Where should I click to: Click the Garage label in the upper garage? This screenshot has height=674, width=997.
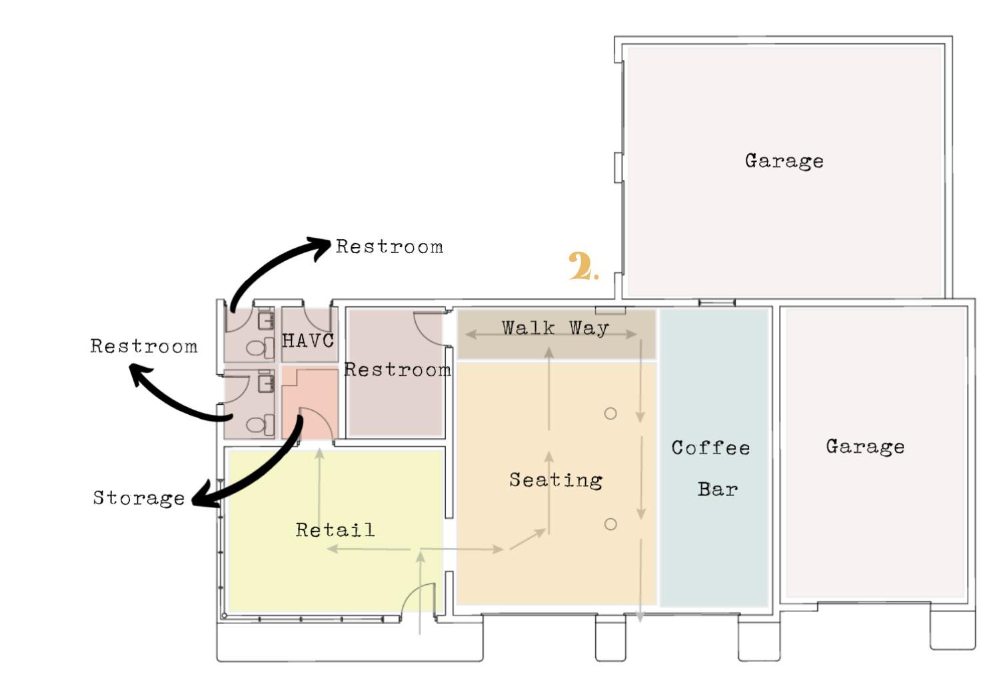coord(784,161)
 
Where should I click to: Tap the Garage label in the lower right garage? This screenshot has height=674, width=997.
coord(865,446)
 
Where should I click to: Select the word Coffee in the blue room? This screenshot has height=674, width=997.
coord(710,448)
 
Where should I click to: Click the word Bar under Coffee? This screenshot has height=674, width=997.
coord(718,490)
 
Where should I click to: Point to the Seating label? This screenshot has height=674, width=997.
coord(556,480)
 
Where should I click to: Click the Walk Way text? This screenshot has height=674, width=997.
coord(555,328)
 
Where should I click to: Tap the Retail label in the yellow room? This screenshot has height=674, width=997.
coord(335,530)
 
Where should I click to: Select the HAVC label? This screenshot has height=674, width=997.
coord(308,341)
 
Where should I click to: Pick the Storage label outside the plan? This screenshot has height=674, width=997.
coord(139,498)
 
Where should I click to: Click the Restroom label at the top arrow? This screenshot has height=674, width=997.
coord(389,247)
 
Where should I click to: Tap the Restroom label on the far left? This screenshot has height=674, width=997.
coord(144,346)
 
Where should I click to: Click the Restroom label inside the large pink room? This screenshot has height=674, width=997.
coord(397,370)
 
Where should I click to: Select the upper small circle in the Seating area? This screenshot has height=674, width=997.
coord(610,414)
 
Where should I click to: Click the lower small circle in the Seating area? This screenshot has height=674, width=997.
coord(610,524)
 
